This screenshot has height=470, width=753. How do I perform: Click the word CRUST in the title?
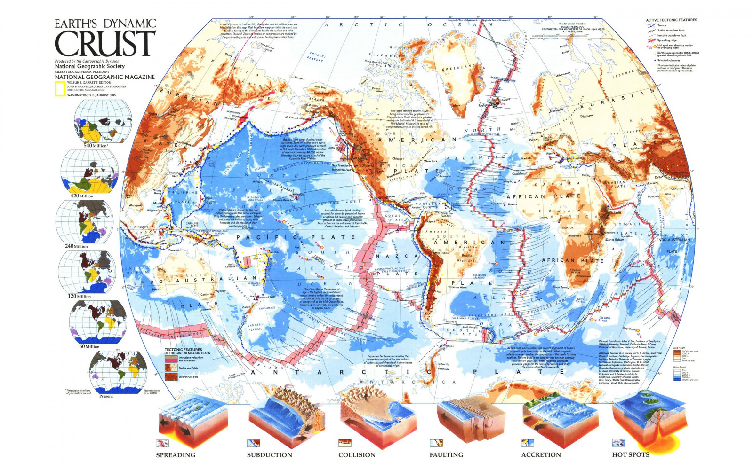105,44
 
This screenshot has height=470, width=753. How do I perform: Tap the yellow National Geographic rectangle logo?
60,89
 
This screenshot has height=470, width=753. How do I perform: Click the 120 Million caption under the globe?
79,297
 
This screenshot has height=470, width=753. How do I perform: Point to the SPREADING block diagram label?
176,455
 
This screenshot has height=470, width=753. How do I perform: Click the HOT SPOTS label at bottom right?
631,454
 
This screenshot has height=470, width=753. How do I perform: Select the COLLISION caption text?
357,455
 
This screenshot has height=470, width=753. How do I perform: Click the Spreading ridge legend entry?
667,40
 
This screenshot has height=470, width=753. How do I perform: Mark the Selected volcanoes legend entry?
668,60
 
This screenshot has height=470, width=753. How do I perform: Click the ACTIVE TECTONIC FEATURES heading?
671,20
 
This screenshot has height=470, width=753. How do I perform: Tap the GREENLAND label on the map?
458,68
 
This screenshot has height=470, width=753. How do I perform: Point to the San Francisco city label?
341,165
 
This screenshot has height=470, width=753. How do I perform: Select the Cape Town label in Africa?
561,287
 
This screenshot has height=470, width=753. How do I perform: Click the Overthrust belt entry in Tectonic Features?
188,377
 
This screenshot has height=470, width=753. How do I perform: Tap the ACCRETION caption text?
541,455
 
